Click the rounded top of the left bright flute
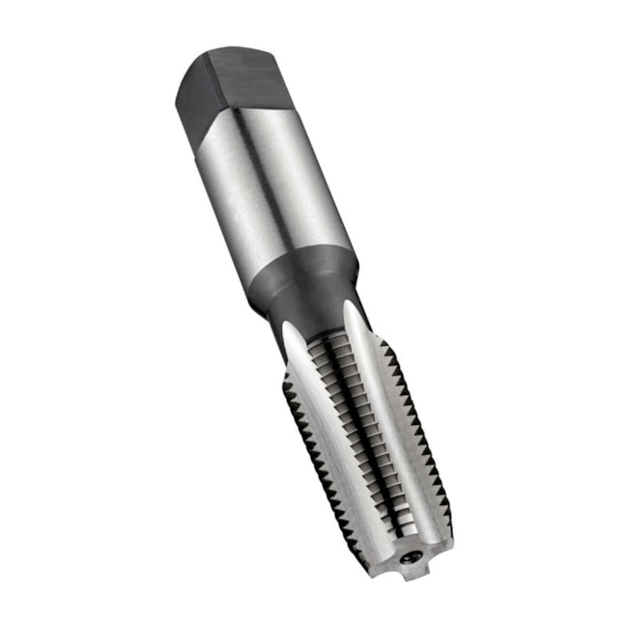[293, 328]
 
